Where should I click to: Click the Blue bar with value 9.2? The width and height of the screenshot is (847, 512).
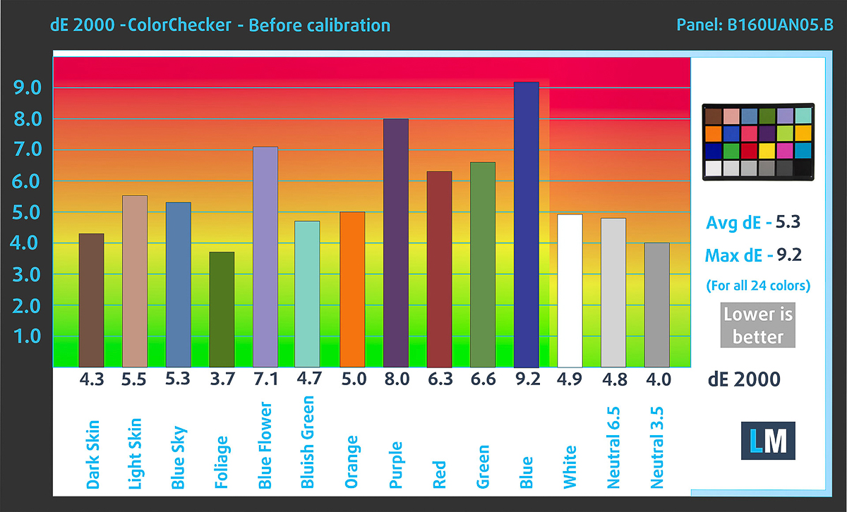[x=527, y=224]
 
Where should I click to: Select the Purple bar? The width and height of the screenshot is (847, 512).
[x=396, y=243]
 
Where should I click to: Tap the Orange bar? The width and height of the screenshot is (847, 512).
[x=352, y=289]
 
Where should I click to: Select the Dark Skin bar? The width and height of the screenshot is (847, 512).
[x=92, y=300]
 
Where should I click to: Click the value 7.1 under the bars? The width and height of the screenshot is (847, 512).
[x=265, y=379]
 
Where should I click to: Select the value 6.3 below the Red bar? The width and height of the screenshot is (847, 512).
[x=439, y=379]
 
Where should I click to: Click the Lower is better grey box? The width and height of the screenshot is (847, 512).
[x=758, y=326]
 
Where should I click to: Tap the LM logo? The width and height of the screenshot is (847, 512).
[x=768, y=442]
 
